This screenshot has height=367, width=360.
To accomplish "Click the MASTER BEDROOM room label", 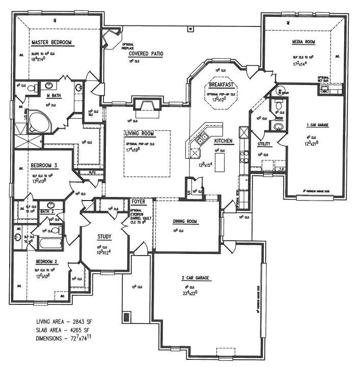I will click(51, 43).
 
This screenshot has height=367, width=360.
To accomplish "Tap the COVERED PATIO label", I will click(146, 53).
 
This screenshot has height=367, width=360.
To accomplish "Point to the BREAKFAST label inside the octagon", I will click(221, 84).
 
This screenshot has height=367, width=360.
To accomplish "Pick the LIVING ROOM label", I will click(139, 134).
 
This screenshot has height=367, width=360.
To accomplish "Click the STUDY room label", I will click(105, 236).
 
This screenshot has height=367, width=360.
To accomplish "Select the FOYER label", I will click(138, 202).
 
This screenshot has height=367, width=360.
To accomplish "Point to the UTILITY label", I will click(264, 144).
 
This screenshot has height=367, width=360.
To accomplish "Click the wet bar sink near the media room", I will click(324, 90).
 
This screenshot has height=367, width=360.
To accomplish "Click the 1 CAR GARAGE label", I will click(315, 125).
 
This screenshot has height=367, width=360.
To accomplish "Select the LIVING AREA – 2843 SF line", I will click(67, 322).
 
